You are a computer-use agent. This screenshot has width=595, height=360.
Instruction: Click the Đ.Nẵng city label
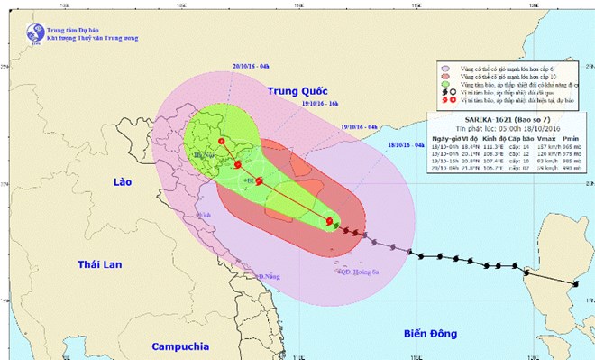coord(267,276)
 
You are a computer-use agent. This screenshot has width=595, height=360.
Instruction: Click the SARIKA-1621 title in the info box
coord(479,120)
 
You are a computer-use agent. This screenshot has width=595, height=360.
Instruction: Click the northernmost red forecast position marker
coord(222,142)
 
